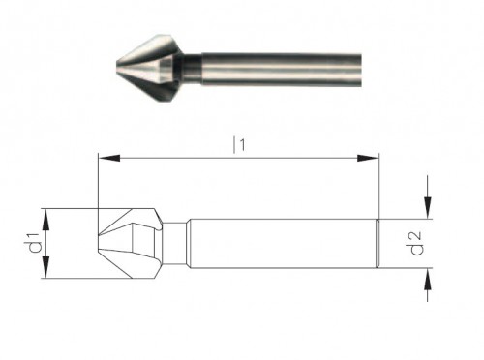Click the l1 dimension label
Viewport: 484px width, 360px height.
[x=239, y=144]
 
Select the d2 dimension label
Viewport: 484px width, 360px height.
[x=416, y=243]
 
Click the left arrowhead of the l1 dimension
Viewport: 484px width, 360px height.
[x=108, y=158]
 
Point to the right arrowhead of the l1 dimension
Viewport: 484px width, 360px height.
[x=368, y=158]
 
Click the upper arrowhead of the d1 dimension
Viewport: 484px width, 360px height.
[x=46, y=220]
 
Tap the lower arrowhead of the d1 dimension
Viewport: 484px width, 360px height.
[x=46, y=267]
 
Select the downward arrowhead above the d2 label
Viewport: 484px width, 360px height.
[x=428, y=208]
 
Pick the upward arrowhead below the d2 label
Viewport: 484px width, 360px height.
[x=428, y=279]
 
